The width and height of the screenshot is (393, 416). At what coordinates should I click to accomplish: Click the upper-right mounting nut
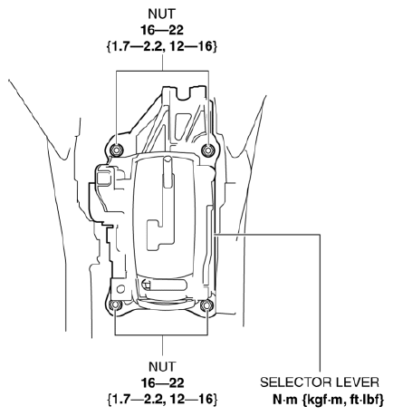point(208,150)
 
